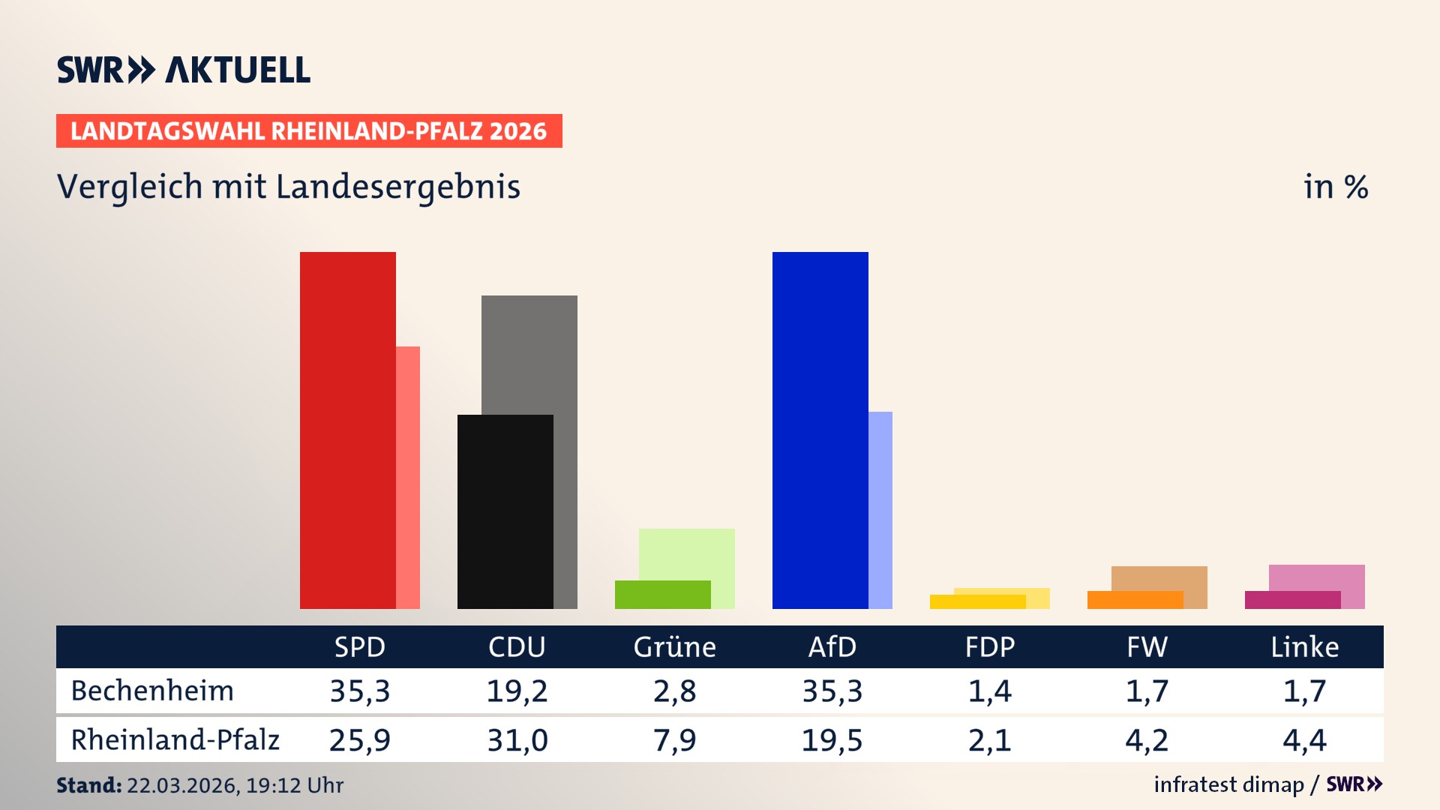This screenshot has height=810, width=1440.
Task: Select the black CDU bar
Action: pyautogui.click(x=505, y=511)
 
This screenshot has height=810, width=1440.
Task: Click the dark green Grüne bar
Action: pyautogui.click(x=662, y=595)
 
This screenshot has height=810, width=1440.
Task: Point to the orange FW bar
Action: pyautogui.click(x=1135, y=600)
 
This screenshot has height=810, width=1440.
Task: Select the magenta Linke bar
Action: pyautogui.click(x=1292, y=600)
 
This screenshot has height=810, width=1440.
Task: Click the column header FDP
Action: pyautogui.click(x=989, y=646)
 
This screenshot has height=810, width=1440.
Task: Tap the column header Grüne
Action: pyautogui.click(x=674, y=646)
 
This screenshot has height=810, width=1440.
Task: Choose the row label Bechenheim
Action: pyautogui.click(x=152, y=691)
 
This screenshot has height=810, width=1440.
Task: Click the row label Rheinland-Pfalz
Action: pyautogui.click(x=175, y=739)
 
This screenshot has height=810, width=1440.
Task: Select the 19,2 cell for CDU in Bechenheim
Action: pyautogui.click(x=517, y=691)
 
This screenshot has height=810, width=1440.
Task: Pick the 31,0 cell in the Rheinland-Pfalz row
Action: pyautogui.click(x=517, y=740)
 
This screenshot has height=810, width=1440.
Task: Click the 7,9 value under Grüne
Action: pyautogui.click(x=674, y=740)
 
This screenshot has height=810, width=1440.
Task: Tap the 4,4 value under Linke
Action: pyautogui.click(x=1304, y=740)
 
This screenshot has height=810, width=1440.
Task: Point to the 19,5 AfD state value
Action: pyautogui.click(x=832, y=740)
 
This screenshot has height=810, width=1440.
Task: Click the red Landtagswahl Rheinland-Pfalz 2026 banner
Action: pyautogui.click(x=308, y=130)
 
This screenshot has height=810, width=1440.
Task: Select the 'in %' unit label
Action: pyautogui.click(x=1335, y=187)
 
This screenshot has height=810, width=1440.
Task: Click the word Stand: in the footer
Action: pyautogui.click(x=88, y=785)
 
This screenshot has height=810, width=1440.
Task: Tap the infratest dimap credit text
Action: pyautogui.click(x=1228, y=784)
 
